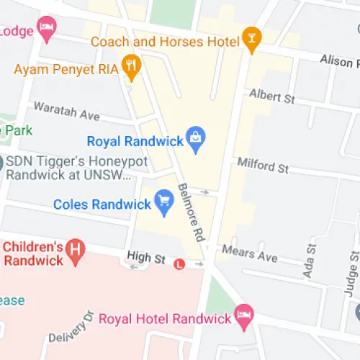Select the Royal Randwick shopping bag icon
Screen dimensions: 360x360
pyautogui.click(x=194, y=137)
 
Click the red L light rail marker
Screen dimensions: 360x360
pyautogui.click(x=180, y=264)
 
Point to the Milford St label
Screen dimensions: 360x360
pyautogui.click(x=263, y=166)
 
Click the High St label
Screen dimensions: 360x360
pyautogui.click(x=146, y=256)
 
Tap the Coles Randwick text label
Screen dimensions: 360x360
pyautogui.click(x=102, y=204)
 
